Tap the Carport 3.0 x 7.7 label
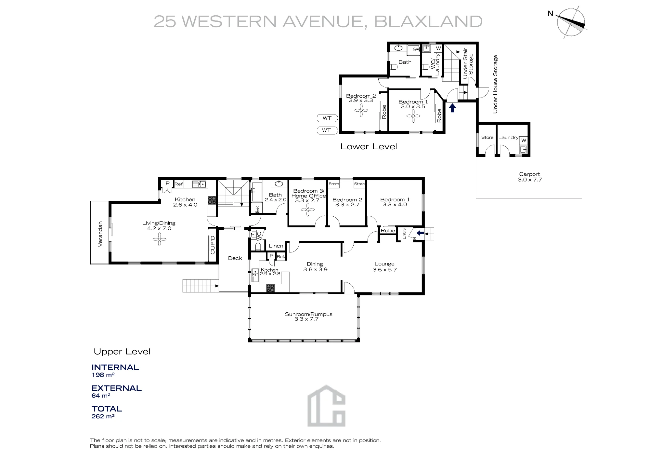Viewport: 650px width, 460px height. (x=530, y=177)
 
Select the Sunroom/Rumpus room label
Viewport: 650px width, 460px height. (x=308, y=317)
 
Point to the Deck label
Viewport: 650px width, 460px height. (x=235, y=258)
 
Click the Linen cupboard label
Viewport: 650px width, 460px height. (x=276, y=246)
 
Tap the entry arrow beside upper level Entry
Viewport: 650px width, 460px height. (x=420, y=233)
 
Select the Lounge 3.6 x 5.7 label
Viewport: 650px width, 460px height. (x=384, y=267)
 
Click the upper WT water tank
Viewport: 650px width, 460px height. (x=327, y=118)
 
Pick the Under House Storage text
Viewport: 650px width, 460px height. (x=495, y=84)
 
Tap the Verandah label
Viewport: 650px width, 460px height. (x=100, y=234)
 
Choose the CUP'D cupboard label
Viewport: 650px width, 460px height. (x=213, y=245)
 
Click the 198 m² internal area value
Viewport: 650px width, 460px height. (x=103, y=375)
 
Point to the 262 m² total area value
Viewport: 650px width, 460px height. (x=103, y=416)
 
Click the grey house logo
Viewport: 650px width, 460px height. (x=326, y=406)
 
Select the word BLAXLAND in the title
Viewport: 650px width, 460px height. (x=428, y=21)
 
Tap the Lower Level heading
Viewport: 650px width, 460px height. (x=369, y=147)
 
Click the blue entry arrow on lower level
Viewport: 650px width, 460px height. (x=452, y=108)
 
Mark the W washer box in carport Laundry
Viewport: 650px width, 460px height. (x=524, y=141)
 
